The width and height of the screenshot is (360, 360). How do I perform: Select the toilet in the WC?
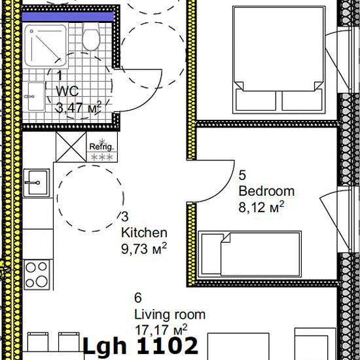pyautogui.click(x=91, y=39)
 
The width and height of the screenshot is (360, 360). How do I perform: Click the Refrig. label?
pyautogui.click(x=101, y=147)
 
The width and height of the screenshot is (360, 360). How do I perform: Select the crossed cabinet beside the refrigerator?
pyautogui.click(x=67, y=146)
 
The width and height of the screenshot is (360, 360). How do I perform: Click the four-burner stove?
pyautogui.click(x=38, y=274)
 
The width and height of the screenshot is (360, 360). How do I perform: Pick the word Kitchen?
pyautogui.click(x=144, y=232)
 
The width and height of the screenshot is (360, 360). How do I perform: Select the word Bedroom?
pyautogui.click(x=266, y=191)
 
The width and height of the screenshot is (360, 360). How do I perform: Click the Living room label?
pyautogui.click(x=170, y=314)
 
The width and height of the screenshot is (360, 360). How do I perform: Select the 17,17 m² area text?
pyautogui.click(x=161, y=329)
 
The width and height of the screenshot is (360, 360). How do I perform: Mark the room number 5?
pyautogui.click(x=242, y=175)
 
